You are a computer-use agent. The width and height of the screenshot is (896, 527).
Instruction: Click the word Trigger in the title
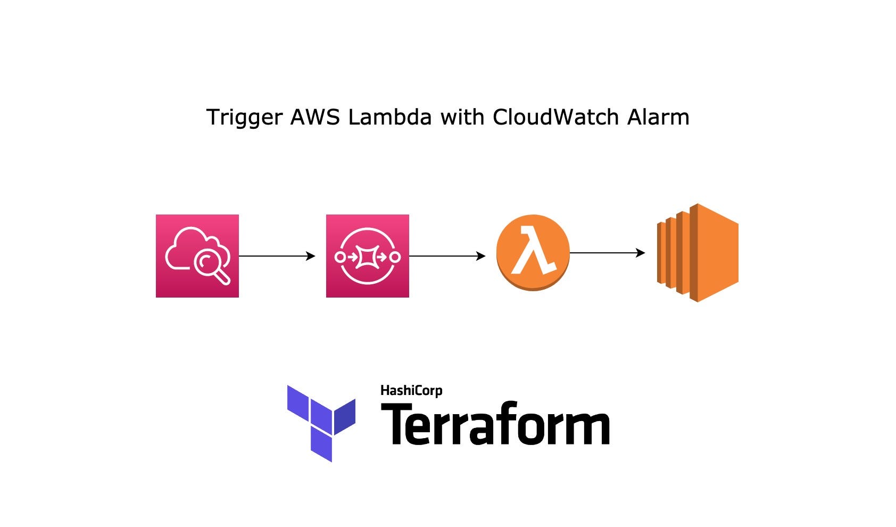[244, 118]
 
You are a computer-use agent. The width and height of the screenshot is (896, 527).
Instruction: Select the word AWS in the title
[314, 117]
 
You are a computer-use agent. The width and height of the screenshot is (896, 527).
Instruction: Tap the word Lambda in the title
[389, 117]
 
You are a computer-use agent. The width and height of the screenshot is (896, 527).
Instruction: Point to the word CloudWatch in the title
[555, 117]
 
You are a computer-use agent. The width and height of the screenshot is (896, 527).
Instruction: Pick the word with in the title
[462, 117]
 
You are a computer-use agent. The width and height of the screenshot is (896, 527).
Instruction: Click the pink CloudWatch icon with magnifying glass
[197, 256]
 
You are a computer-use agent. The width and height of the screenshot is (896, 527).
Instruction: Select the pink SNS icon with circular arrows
[367, 256]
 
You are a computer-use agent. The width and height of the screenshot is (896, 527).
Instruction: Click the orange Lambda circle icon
[533, 252]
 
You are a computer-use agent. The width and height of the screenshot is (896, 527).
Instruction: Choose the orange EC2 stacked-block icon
[698, 253]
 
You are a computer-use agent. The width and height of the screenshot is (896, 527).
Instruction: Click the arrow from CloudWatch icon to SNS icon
[277, 256]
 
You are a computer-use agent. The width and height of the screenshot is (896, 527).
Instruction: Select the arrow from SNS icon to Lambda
[447, 256]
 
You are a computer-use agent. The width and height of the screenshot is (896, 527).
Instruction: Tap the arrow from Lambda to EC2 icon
[607, 253]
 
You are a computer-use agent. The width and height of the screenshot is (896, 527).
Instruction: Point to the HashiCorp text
[411, 391]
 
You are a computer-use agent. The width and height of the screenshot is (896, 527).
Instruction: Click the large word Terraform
[495, 425]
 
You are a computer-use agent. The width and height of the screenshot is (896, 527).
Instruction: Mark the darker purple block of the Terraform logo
[345, 416]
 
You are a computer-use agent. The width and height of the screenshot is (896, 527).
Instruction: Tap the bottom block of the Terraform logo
[321, 447]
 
